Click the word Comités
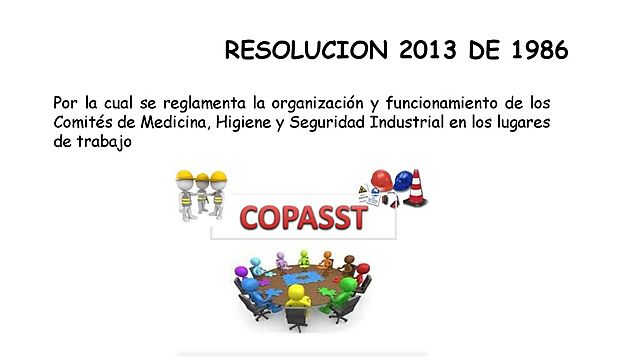coord(84,122)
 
